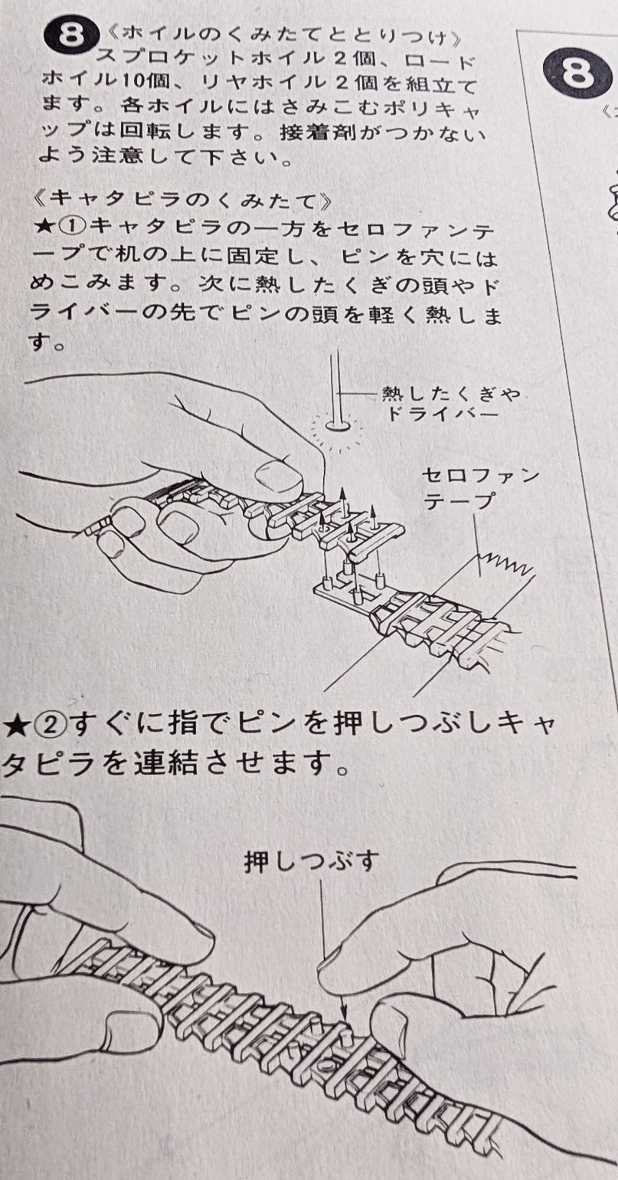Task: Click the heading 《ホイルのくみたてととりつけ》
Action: pyautogui.click(x=283, y=38)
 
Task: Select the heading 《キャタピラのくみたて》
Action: pyautogui.click(x=181, y=200)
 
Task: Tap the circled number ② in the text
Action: pyautogui.click(x=49, y=726)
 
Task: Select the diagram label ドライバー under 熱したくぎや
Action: pyautogui.click(x=442, y=414)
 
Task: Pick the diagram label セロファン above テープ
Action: pyautogui.click(x=480, y=476)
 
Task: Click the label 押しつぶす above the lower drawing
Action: pyautogui.click(x=312, y=862)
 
